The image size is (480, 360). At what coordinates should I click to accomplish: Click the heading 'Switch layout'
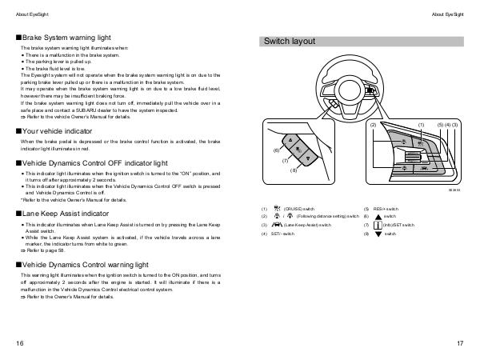pyautogui.click(x=290, y=42)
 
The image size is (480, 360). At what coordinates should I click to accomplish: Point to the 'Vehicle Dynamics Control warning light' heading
pyautogui.click(x=86, y=263)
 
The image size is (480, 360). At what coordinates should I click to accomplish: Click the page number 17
pyautogui.click(x=461, y=343)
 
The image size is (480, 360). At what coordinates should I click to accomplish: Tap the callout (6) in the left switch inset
pyautogui.click(x=276, y=150)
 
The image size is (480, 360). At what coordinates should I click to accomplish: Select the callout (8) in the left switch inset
pyautogui.click(x=294, y=170)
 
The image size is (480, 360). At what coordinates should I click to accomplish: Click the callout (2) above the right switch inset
pyautogui.click(x=373, y=126)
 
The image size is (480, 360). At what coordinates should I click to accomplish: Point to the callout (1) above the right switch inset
pyautogui.click(x=421, y=126)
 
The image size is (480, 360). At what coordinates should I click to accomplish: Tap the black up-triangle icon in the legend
pyautogui.click(x=377, y=216)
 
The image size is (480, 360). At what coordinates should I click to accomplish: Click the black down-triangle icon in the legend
pyautogui.click(x=377, y=234)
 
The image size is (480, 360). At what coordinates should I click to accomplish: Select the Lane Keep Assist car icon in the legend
pyautogui.click(x=277, y=225)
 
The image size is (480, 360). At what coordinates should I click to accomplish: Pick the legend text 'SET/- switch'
pyautogui.click(x=283, y=234)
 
